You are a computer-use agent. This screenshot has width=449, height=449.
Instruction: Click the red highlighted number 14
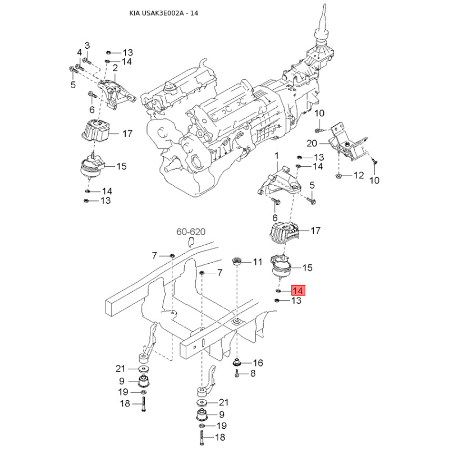click(299, 291)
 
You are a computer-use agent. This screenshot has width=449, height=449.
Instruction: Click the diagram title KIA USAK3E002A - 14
click(163, 13)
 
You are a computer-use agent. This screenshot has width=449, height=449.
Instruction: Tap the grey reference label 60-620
click(191, 231)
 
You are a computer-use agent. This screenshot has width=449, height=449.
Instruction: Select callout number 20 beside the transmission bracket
click(312, 143)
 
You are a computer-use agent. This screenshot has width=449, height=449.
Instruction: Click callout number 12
click(359, 175)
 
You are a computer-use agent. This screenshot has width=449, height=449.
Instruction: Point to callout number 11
click(258, 262)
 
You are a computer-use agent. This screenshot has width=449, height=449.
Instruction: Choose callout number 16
click(258, 363)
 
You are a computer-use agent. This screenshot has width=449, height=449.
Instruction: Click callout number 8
click(253, 373)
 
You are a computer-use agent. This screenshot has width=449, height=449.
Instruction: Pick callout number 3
click(87, 45)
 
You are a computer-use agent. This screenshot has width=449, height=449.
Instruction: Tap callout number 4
click(79, 52)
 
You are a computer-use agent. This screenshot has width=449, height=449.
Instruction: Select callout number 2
click(115, 68)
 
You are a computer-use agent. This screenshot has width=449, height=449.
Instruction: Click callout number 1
click(277, 156)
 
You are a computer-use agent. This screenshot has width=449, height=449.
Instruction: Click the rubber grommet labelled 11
click(236, 261)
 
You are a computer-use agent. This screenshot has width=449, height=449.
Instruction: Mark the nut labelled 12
click(338, 175)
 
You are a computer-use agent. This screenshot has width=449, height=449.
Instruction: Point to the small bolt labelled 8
click(237, 373)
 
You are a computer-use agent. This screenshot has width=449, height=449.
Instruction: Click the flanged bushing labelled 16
click(236, 363)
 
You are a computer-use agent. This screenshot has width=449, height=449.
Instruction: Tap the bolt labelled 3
click(86, 61)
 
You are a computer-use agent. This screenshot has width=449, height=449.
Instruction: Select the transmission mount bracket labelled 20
click(347, 145)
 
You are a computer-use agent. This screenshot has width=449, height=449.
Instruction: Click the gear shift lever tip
click(324, 5)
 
